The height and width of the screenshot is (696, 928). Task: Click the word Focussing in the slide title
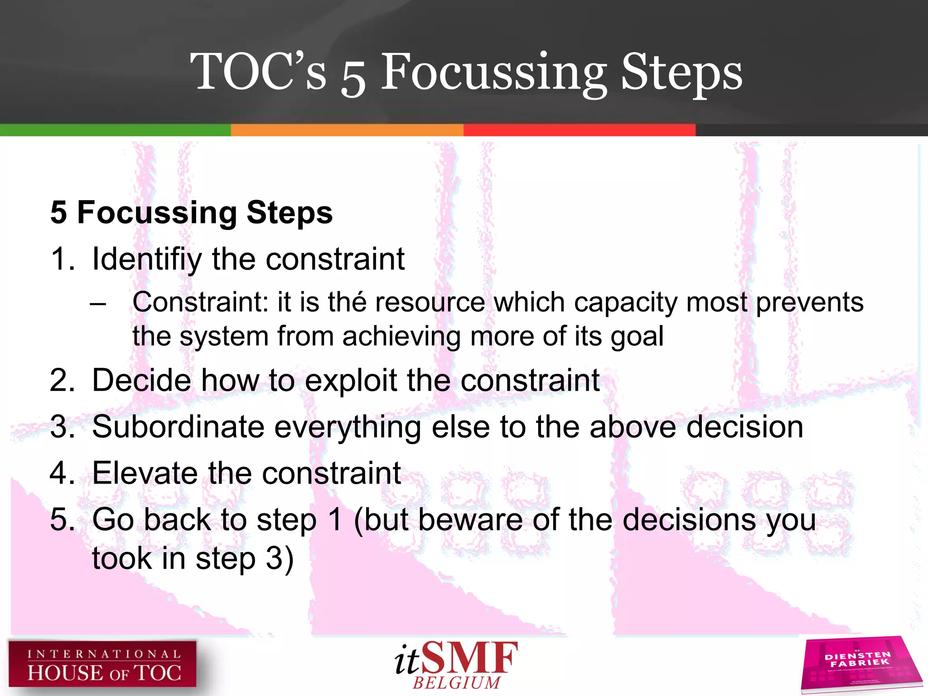493,72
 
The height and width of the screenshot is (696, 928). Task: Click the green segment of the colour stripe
115,130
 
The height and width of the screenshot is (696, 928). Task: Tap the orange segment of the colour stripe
347,130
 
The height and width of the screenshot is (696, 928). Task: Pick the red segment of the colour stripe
579,130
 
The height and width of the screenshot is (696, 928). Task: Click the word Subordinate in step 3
178,427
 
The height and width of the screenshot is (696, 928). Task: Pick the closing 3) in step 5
280,559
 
